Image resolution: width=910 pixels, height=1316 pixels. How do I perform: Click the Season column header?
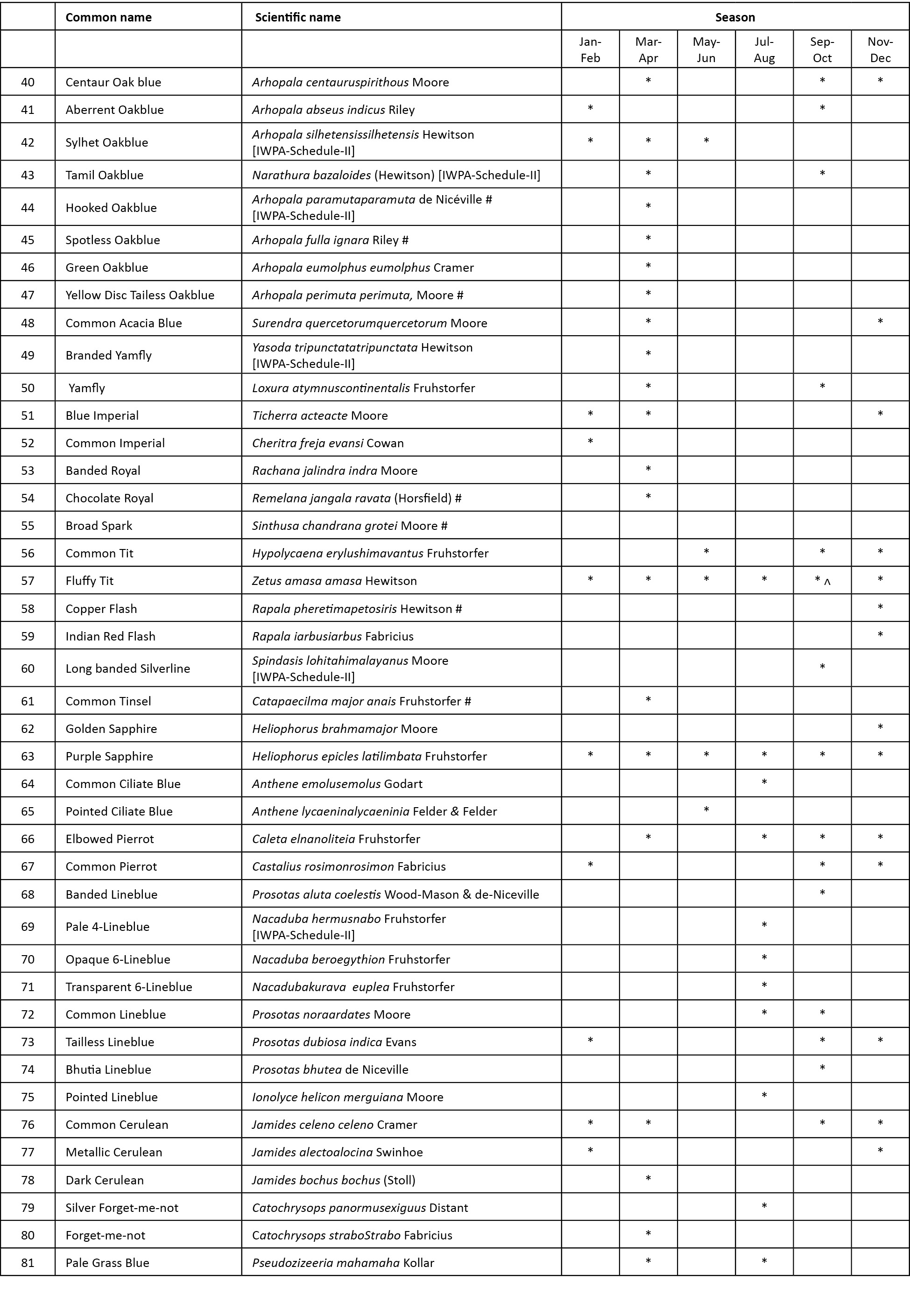point(734,17)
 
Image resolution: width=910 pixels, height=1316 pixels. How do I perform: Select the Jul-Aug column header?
point(763,49)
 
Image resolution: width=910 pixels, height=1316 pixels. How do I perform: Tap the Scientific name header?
point(297,17)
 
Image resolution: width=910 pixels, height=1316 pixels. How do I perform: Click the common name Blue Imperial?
point(102,415)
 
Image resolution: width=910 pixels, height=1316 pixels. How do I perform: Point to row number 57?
point(28,581)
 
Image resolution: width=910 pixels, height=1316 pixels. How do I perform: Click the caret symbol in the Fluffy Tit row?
point(827,582)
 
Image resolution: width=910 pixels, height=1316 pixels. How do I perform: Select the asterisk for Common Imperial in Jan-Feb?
point(590,441)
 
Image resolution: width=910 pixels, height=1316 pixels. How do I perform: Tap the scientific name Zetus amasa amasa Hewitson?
point(334,581)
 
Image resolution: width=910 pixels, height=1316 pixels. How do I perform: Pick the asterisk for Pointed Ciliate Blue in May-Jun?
point(706,809)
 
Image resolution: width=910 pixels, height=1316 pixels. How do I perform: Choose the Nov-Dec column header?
point(880,49)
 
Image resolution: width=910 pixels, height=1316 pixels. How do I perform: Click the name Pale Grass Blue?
point(107,1262)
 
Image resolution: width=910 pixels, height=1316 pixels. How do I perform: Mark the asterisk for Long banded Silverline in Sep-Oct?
point(822,667)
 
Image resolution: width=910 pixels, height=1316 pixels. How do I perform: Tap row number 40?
point(28,82)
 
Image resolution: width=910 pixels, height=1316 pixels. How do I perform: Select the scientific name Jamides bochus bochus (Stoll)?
point(333,1180)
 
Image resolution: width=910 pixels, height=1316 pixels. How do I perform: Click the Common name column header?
point(108,17)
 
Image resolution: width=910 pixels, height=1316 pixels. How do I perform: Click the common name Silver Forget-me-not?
point(121,1207)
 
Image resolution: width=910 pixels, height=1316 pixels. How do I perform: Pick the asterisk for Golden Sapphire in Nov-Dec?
point(880,727)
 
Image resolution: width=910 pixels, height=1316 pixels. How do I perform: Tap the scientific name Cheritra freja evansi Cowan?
point(328,443)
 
